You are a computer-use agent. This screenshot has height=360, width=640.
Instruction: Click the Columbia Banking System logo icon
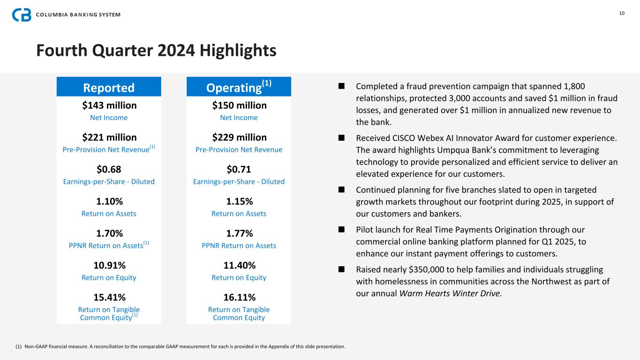coord(22,15)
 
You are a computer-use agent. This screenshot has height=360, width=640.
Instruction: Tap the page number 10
coord(622,13)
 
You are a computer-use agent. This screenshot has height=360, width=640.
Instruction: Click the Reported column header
coord(109,88)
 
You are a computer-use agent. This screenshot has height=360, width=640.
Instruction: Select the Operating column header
coord(239,87)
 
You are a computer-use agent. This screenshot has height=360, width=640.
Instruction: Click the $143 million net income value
coord(109,105)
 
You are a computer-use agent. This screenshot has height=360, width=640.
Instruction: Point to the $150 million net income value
coord(239,105)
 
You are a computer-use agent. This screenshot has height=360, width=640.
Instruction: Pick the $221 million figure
coord(109,137)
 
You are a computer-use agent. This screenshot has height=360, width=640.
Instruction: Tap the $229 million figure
coord(239,137)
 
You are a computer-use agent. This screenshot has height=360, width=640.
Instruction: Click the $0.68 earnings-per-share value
coord(109,169)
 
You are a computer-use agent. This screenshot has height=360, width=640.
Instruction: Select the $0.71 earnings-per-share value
coord(239,169)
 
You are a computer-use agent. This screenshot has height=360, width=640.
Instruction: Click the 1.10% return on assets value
coord(109,202)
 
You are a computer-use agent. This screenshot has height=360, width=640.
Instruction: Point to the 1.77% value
coord(239,233)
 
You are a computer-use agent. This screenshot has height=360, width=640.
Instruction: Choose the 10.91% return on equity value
coord(109,265)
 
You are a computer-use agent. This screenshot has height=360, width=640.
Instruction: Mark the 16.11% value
coord(239,297)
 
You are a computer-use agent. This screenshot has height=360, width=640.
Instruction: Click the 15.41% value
coord(109,297)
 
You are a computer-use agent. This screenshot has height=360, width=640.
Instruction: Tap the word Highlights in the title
coord(238,51)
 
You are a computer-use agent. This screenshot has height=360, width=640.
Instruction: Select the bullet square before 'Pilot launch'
coord(341,230)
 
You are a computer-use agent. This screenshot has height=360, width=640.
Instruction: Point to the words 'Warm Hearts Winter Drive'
coord(450,293)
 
